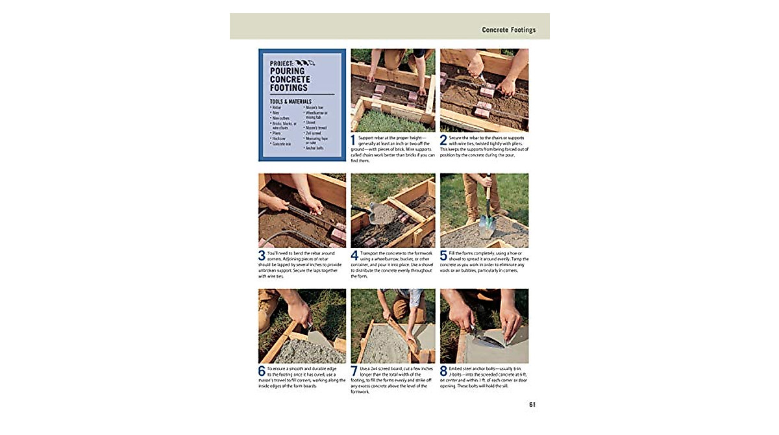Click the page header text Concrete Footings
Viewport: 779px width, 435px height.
point(508,30)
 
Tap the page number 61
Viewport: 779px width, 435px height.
point(532,404)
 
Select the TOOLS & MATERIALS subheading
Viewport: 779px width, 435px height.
point(291,101)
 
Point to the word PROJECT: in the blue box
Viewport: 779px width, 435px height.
point(282,62)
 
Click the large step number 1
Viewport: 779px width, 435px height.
point(353,140)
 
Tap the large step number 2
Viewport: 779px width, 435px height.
point(443,140)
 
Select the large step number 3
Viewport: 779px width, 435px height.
point(262,256)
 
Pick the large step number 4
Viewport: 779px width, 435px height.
point(354,256)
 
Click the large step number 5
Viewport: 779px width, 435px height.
point(443,256)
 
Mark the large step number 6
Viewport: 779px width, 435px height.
point(262,371)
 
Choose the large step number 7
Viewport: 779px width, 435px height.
point(354,371)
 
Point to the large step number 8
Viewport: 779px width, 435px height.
point(443,371)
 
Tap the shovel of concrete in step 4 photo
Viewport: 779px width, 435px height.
point(382,212)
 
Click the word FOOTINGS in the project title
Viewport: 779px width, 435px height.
point(290,88)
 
